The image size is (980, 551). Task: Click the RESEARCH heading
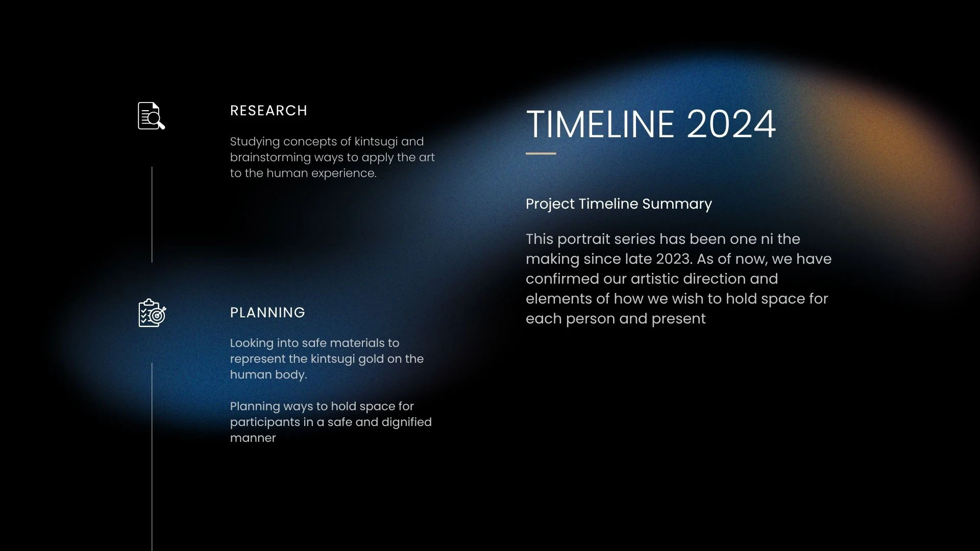pos(268,111)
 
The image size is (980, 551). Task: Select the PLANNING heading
pos(267,312)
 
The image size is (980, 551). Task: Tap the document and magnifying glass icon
pos(151,116)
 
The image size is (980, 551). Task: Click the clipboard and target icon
pos(152,313)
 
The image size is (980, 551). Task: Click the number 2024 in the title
pos(731,124)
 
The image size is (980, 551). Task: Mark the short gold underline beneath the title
pos(541,153)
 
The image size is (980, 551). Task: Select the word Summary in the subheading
pos(677,204)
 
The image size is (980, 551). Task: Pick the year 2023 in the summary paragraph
pos(673,259)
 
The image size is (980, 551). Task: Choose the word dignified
pos(407,422)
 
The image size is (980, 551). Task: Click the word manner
pos(253,438)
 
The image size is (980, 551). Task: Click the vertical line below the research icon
pos(152,214)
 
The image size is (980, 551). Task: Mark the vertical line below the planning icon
pos(152,457)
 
